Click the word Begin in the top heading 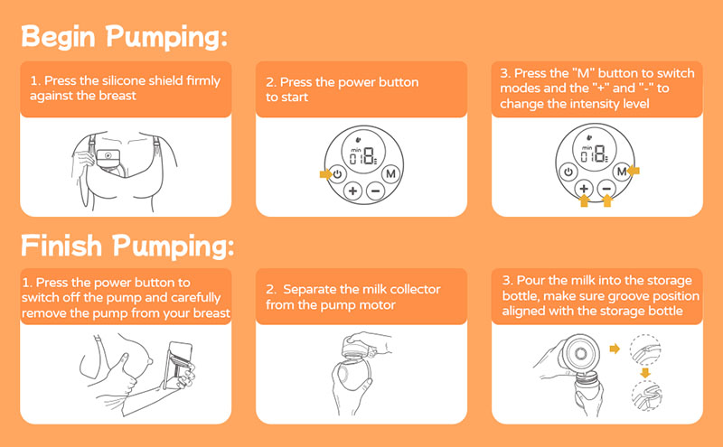(59, 36)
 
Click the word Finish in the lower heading (61, 245)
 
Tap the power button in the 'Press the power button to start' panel (338, 174)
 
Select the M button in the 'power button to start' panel (391, 173)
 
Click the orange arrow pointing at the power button (325, 174)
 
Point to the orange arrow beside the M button (634, 171)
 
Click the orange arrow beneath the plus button (584, 200)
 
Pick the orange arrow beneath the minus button (607, 200)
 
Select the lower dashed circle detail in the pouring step (646, 396)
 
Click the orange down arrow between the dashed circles (645, 372)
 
